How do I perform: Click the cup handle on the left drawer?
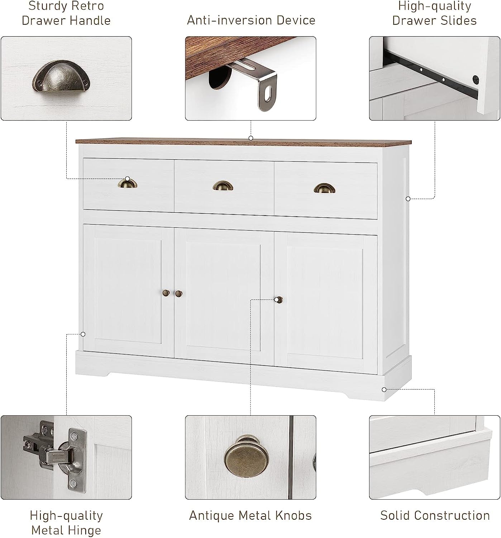128,184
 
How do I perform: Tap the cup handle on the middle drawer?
223,185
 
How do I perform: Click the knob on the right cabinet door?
279,299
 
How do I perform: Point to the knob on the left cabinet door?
166,293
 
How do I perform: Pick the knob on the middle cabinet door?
178,294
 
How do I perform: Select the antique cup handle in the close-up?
61,80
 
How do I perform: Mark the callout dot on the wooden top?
251,138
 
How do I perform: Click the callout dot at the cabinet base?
384,389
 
